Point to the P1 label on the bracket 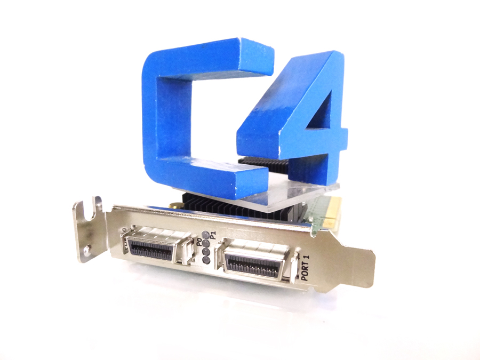(x=212, y=233)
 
